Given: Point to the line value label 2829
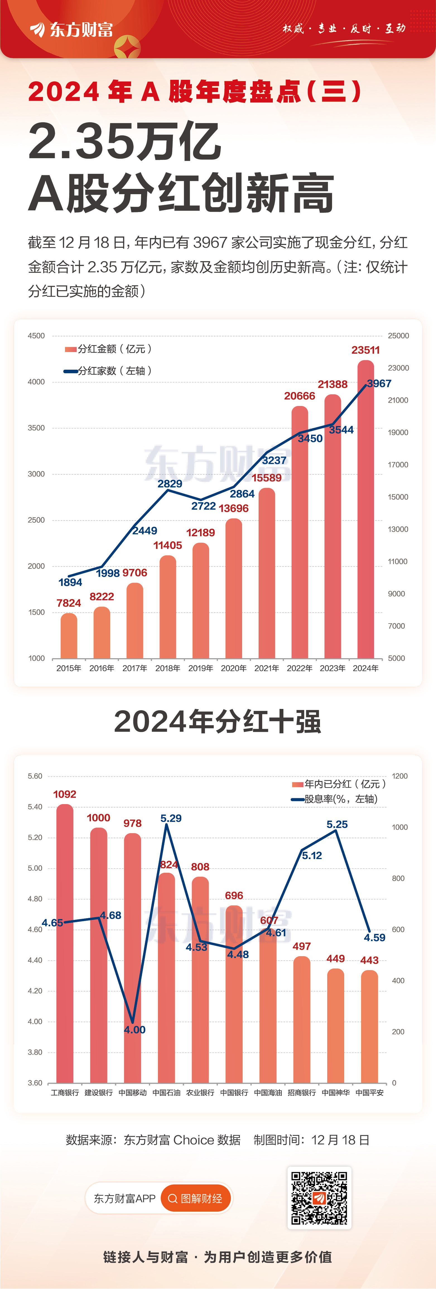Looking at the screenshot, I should coord(170,483).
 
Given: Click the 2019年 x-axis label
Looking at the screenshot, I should coord(200,668).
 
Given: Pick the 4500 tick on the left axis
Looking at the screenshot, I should coord(36,336).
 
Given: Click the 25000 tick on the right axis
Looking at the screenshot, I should coord(398,336).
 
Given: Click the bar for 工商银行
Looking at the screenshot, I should coord(64,943).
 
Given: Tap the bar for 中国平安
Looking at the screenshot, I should coord(369,1026).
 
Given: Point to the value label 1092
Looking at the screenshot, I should coord(64,794).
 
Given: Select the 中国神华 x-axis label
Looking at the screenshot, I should coord(335,1092).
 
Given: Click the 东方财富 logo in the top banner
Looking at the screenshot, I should coord(72,30).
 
